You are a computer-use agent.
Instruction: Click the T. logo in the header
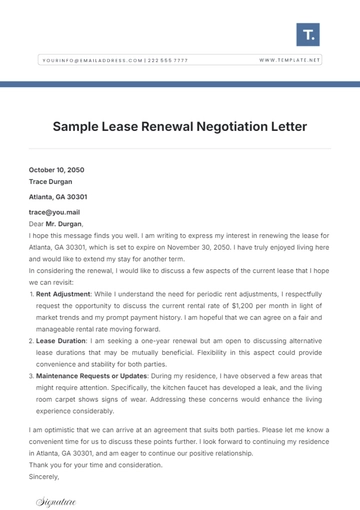point(309,36)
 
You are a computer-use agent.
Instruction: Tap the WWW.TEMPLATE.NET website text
point(290,60)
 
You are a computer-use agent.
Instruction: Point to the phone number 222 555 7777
point(167,60)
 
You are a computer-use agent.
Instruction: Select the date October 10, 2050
point(56,171)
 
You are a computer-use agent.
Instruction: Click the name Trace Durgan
point(52,183)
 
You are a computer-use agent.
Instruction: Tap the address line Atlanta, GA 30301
point(58,198)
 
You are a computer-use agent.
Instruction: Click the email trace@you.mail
point(52,213)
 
